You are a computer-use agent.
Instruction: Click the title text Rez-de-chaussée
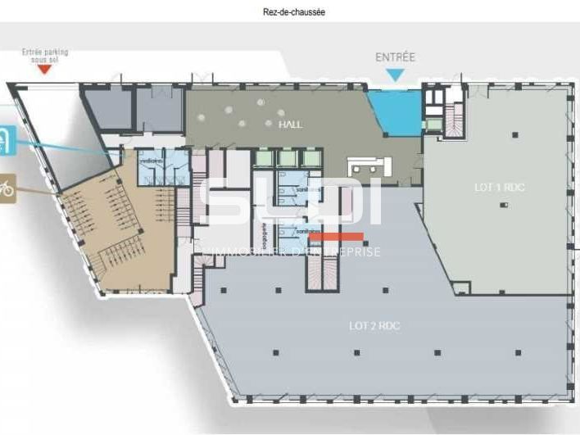(289, 12)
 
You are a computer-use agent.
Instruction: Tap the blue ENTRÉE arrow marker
(396, 75)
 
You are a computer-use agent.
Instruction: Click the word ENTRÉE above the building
(396, 57)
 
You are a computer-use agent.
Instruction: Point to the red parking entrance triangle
(45, 70)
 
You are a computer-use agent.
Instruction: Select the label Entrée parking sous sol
(45, 56)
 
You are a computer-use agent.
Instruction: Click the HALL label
(290, 125)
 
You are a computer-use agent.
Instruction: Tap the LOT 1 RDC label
(500, 188)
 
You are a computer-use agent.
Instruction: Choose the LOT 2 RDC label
(374, 325)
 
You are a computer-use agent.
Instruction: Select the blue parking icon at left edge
(5, 140)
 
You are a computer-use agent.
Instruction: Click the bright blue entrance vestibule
(395, 111)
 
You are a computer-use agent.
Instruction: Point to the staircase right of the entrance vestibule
(454, 122)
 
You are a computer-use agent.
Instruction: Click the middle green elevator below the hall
(288, 158)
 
